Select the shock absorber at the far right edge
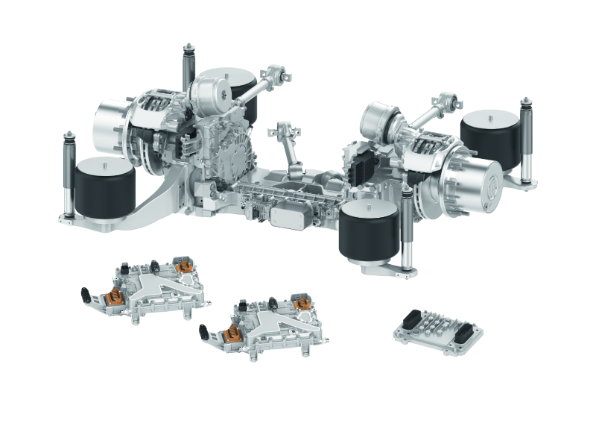525,142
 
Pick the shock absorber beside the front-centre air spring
407,228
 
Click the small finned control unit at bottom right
437,329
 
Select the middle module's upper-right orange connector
301,303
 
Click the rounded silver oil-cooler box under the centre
286,217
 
